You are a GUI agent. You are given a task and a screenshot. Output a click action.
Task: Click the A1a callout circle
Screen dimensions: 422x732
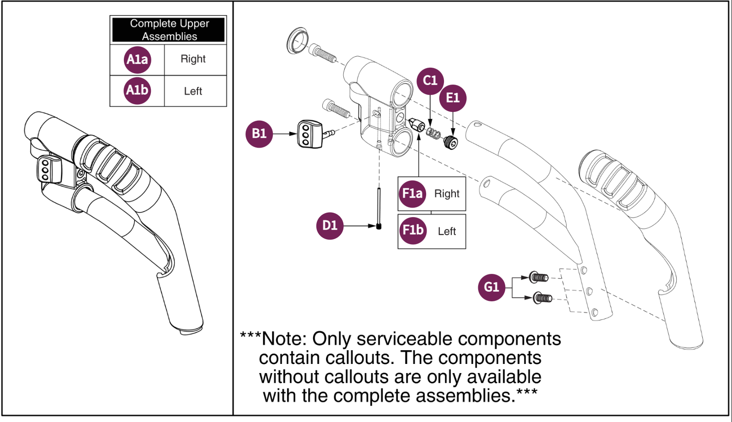[x=137, y=59]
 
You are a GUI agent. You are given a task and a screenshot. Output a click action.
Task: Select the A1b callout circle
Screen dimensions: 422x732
[x=137, y=91]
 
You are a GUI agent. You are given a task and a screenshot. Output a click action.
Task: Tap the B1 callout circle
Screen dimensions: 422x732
[x=259, y=134]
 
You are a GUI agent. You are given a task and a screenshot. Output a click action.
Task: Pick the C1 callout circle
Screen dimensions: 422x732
[x=430, y=81]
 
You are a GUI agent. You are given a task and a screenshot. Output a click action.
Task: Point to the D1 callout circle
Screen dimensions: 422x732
[x=330, y=225]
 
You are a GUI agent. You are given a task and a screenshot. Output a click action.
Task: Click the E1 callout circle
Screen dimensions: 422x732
[x=453, y=98]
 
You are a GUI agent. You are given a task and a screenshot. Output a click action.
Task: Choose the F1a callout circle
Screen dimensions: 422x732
[x=412, y=193]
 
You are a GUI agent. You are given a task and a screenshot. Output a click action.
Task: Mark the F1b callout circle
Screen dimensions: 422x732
[x=412, y=230]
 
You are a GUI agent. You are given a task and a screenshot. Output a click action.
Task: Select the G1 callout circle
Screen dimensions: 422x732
[x=492, y=287]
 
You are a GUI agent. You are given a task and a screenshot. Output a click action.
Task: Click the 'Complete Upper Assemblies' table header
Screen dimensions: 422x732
[x=169, y=30]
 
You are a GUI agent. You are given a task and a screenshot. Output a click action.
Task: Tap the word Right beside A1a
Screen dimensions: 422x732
[x=193, y=59]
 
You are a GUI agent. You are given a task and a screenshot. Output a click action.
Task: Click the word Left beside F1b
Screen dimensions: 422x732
[x=447, y=231]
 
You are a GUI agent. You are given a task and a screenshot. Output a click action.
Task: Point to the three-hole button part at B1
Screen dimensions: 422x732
[x=310, y=134]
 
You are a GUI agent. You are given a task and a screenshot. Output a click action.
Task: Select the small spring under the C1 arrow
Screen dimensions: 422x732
[x=433, y=133]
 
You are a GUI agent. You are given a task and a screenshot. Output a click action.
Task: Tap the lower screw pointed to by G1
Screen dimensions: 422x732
[x=543, y=298]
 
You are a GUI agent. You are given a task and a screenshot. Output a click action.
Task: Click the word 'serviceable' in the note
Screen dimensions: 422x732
[x=405, y=339]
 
